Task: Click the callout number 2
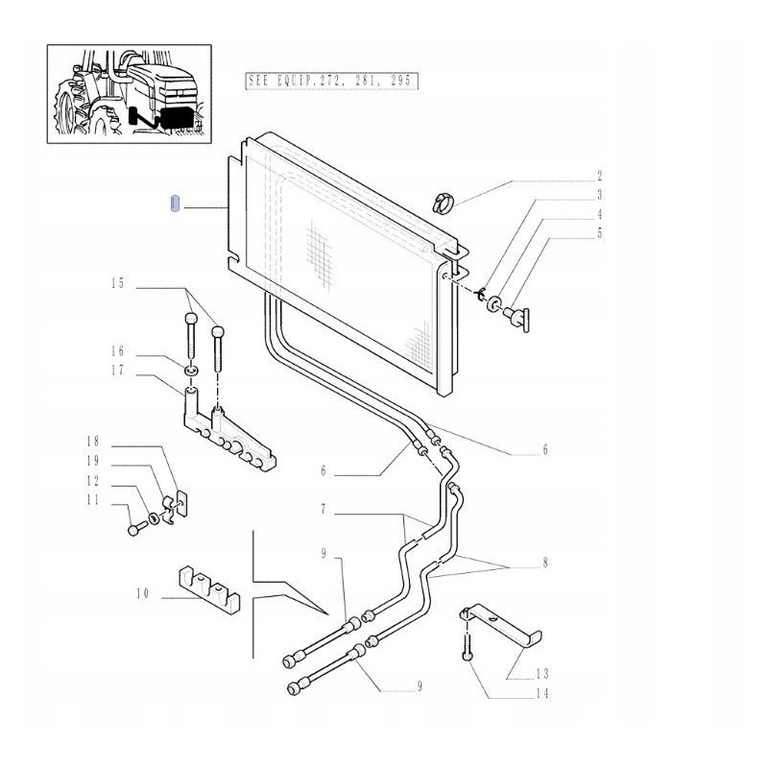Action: [x=599, y=176]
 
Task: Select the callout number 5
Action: [x=599, y=232]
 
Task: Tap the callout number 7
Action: [x=324, y=508]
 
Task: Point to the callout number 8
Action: [x=544, y=564]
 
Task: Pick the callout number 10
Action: [x=142, y=595]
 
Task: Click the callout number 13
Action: [x=543, y=673]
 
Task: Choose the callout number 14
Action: [x=543, y=692]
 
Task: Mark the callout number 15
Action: [x=118, y=283]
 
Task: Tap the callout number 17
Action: [x=118, y=369]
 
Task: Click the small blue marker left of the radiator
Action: [x=174, y=205]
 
